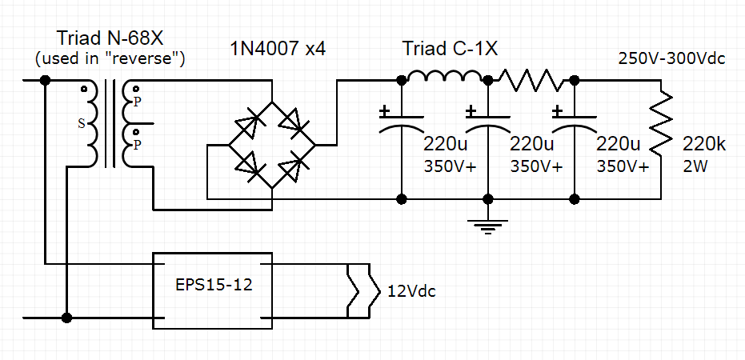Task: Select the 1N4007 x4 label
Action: pyautogui.click(x=276, y=50)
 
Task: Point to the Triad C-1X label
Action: pyautogui.click(x=450, y=49)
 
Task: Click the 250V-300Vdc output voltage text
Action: pyautogui.click(x=671, y=58)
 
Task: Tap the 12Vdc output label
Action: pyautogui.click(x=412, y=291)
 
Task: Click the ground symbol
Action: pyautogui.click(x=488, y=226)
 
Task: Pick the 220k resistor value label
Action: pyautogui.click(x=704, y=145)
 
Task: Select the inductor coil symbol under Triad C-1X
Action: pyautogui.click(x=444, y=78)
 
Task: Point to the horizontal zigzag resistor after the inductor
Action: pyautogui.click(x=532, y=80)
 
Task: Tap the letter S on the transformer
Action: pyautogui.click(x=81, y=124)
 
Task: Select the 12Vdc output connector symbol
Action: pyautogui.click(x=358, y=290)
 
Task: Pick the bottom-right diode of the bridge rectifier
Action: pyautogui.click(x=294, y=166)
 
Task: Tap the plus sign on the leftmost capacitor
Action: pyautogui.click(x=385, y=110)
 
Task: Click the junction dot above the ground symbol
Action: pyautogui.click(x=488, y=198)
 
